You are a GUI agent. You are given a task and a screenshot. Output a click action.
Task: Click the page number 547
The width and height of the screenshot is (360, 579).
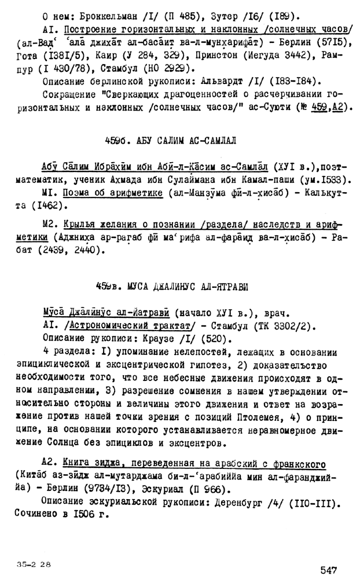(328, 570)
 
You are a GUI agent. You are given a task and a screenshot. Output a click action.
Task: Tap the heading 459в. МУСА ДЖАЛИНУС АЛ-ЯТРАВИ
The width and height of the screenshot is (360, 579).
(179, 285)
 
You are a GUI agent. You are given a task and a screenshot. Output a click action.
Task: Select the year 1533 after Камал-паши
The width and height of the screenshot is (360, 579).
(332, 179)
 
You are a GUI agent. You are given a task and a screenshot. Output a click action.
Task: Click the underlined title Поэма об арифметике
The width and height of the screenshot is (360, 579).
(113, 193)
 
